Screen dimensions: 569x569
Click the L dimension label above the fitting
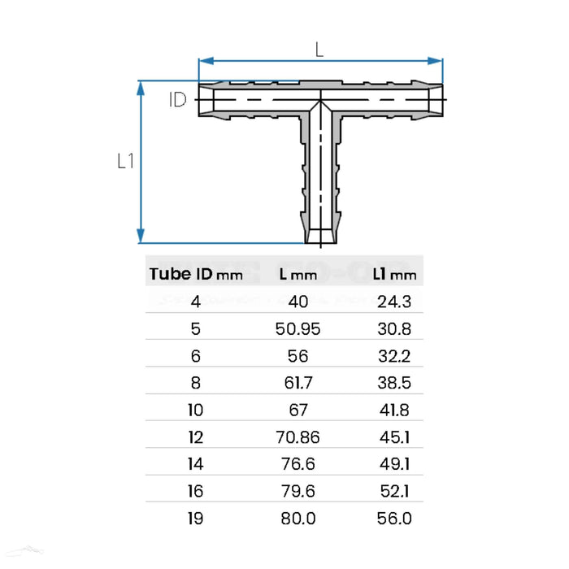point(319,49)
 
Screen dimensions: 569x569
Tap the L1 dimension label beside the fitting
point(124,161)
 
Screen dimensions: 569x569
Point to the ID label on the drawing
point(178,100)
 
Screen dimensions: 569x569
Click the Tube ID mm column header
point(196,274)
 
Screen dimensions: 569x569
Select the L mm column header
point(298,274)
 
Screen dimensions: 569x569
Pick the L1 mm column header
point(394,274)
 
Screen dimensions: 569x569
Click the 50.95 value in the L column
point(298,328)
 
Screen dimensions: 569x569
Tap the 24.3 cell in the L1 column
point(395,302)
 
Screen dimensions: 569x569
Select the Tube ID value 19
point(195,518)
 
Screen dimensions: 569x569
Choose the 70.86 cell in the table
point(298,437)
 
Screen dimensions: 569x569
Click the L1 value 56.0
point(395,518)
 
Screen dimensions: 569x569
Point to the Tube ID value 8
point(195,383)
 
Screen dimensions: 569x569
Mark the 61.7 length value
point(298,383)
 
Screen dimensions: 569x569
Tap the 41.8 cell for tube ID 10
point(395,410)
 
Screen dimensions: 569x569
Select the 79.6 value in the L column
point(298,491)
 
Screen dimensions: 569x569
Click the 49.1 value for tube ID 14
point(395,464)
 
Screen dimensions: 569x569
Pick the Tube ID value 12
point(195,437)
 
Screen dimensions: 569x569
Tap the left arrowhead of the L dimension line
point(204,59)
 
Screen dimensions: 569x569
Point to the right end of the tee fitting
point(443,99)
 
